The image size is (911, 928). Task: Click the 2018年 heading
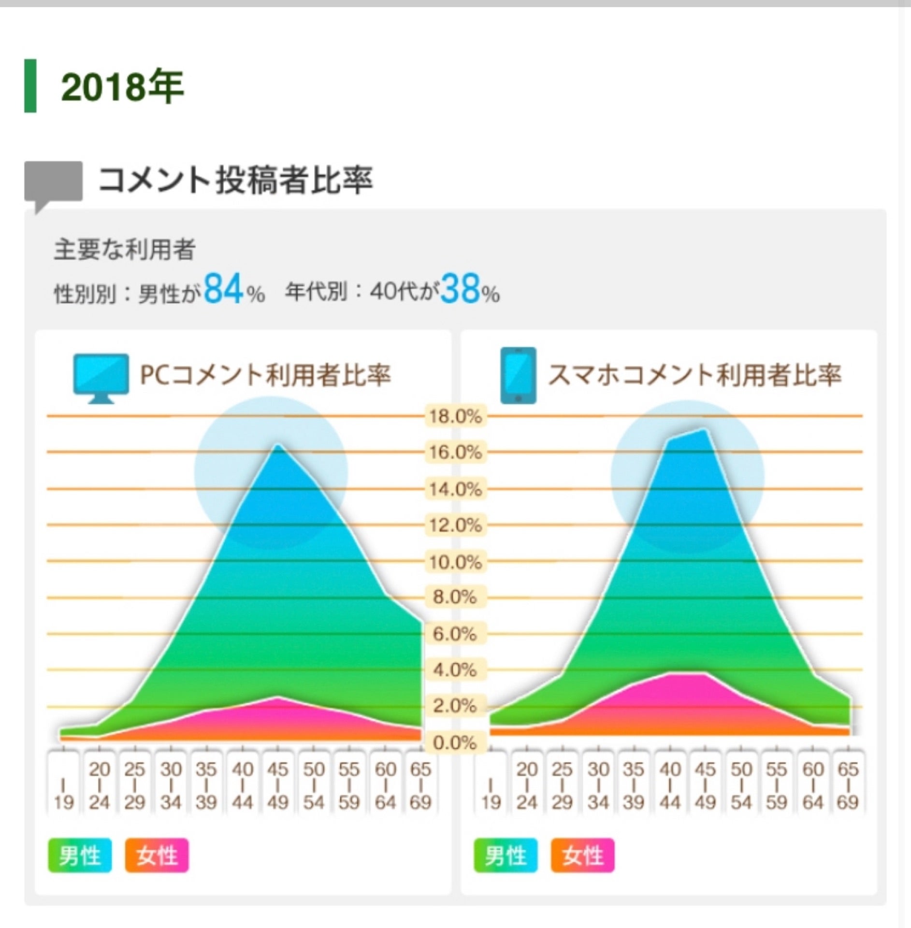coord(122,87)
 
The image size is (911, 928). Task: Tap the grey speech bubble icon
coord(53,183)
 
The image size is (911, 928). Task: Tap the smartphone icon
coord(518,375)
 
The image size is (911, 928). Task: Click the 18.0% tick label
coord(455,416)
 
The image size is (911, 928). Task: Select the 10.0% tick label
coord(455,562)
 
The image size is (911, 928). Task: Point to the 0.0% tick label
coord(455,743)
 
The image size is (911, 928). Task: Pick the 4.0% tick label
coord(455,670)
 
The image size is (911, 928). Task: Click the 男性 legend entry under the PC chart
coord(80,856)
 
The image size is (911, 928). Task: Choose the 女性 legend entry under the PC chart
coord(157,856)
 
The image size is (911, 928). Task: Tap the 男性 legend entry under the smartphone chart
coord(506,856)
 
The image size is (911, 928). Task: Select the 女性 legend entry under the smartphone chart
coord(583,856)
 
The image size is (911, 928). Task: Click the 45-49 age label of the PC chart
coord(278,785)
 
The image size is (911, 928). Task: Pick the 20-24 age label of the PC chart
coord(99,785)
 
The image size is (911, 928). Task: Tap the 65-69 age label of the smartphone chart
coord(848,785)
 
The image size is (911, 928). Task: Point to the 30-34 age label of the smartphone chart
coord(598,785)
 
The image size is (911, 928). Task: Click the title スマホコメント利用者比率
coord(694,375)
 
